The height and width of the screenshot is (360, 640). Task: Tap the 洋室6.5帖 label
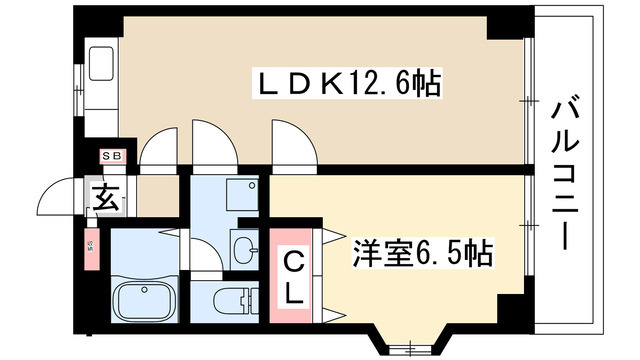point(421,255)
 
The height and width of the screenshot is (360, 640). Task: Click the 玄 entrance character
point(106,198)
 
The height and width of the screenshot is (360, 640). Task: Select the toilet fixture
point(229,298)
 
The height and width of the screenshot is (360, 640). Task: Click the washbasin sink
point(244,247)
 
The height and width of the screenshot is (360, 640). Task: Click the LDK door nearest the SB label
point(158,150)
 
